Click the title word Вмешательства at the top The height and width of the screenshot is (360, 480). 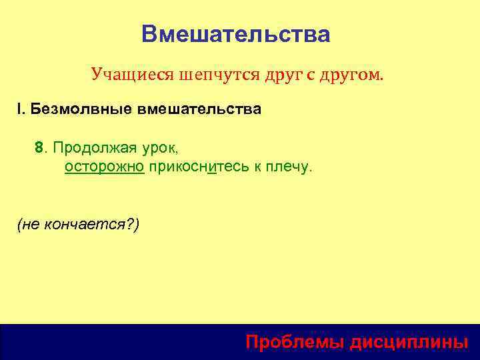coord(235,34)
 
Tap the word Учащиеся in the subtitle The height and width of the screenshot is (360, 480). coord(132,75)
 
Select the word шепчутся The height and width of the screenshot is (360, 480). coord(211,75)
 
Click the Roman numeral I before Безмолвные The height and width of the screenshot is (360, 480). coord(19,109)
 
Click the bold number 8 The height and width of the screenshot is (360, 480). coord(39,147)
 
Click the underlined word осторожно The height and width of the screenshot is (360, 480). coord(105,166)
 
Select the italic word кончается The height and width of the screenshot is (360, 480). coord(89,225)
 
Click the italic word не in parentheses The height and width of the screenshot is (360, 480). coord(31,225)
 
